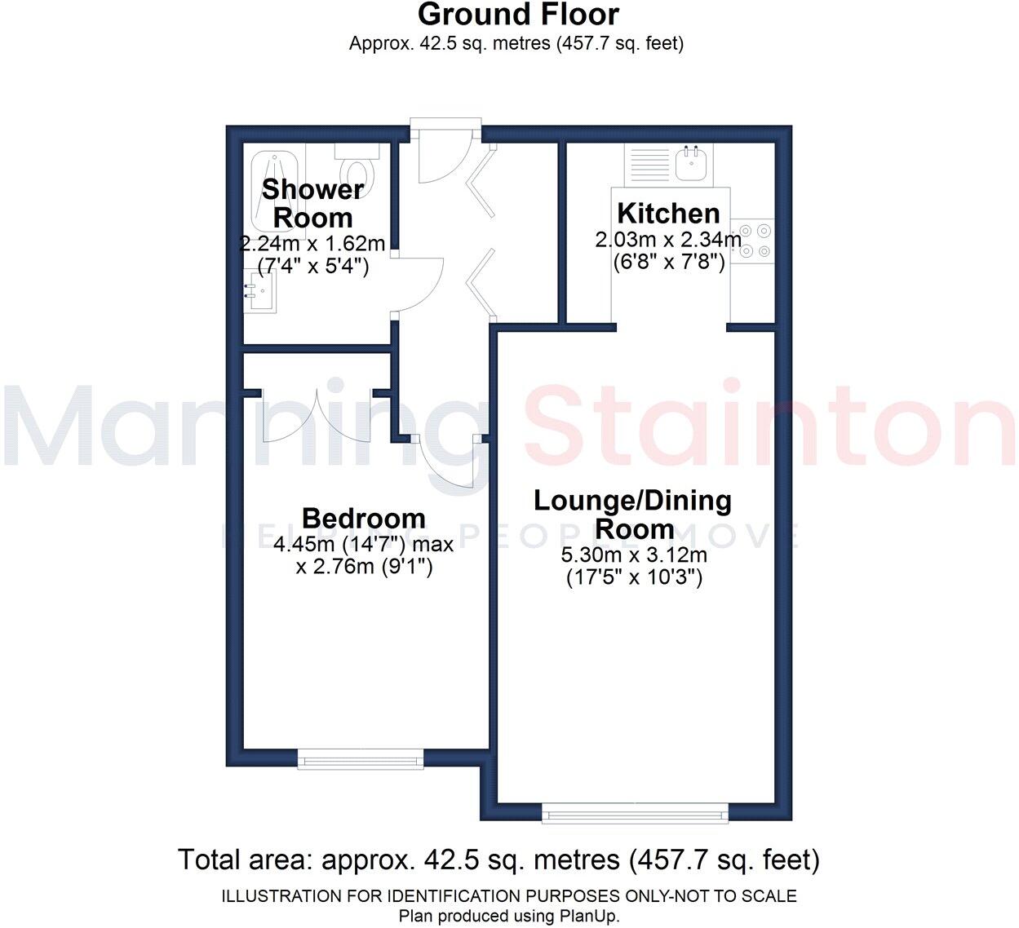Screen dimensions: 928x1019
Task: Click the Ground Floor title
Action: point(518,14)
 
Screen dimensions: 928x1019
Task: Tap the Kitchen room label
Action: point(668,213)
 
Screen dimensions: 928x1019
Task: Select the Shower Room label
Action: point(312,203)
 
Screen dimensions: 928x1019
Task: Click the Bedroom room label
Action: point(363,518)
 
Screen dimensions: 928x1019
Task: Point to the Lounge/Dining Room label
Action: point(632,514)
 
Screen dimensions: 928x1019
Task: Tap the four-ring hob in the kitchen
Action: point(751,241)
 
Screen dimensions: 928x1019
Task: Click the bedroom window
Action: point(361,759)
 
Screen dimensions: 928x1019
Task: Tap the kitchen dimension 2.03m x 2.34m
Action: point(668,240)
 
